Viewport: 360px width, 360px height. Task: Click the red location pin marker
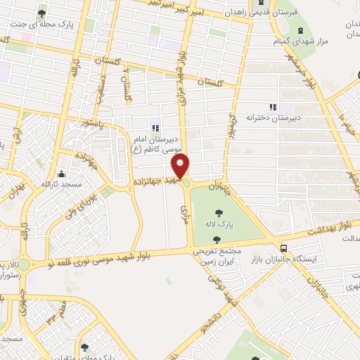pyautogui.click(x=181, y=166)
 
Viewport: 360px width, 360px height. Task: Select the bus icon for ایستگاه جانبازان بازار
pyautogui.click(x=283, y=248)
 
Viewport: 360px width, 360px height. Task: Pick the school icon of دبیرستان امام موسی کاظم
pyautogui.click(x=155, y=127)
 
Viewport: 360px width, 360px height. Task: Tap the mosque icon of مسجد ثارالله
pyautogui.click(x=62, y=173)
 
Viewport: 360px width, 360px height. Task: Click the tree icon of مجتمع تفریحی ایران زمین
pyautogui.click(x=226, y=240)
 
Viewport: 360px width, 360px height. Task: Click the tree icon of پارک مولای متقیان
pyautogui.click(x=84, y=347)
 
